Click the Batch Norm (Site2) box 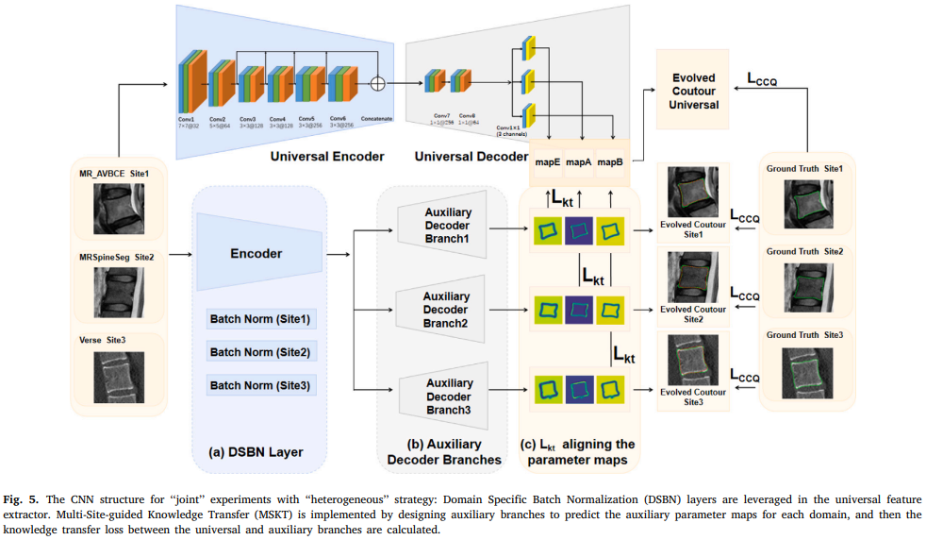click(261, 352)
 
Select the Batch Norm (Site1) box click(261, 319)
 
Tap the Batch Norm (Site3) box click(261, 385)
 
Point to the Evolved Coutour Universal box click(694, 91)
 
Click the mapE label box click(548, 162)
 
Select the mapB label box click(610, 162)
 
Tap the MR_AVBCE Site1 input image click(120, 210)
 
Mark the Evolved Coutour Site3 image click(693, 362)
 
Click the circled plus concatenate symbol click(377, 82)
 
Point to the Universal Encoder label click(326, 155)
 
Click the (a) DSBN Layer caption click(256, 452)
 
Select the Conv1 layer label click(186, 119)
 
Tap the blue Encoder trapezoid click(256, 253)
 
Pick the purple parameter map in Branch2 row click(579, 308)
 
